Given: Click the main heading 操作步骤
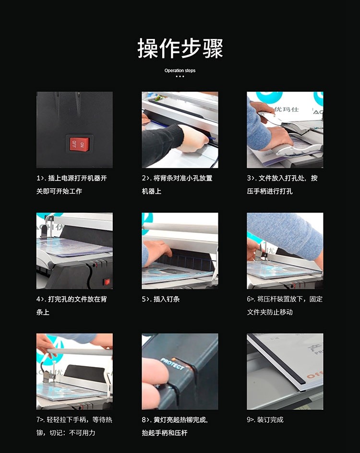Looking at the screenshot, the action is [180, 48].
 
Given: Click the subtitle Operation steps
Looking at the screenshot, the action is [180, 71].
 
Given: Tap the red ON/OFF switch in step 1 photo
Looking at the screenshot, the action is [80, 144].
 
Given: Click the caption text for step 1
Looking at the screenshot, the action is [72, 185].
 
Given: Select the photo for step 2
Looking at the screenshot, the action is [180, 130].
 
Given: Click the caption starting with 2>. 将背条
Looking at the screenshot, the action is [177, 185].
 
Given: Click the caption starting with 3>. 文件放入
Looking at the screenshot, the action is [282, 185].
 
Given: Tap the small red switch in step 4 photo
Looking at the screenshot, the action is [107, 282].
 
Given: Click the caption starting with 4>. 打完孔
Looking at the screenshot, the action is [72, 305].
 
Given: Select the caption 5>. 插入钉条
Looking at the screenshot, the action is [161, 299].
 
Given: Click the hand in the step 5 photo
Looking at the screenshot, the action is [157, 252].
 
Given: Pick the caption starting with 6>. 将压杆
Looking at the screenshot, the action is [285, 305].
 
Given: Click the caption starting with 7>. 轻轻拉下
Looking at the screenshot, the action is [74, 426].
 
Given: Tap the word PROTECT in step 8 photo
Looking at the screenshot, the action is [172, 364].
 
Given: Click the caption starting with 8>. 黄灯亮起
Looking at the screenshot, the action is [175, 426].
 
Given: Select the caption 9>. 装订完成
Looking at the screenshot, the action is [265, 420].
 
